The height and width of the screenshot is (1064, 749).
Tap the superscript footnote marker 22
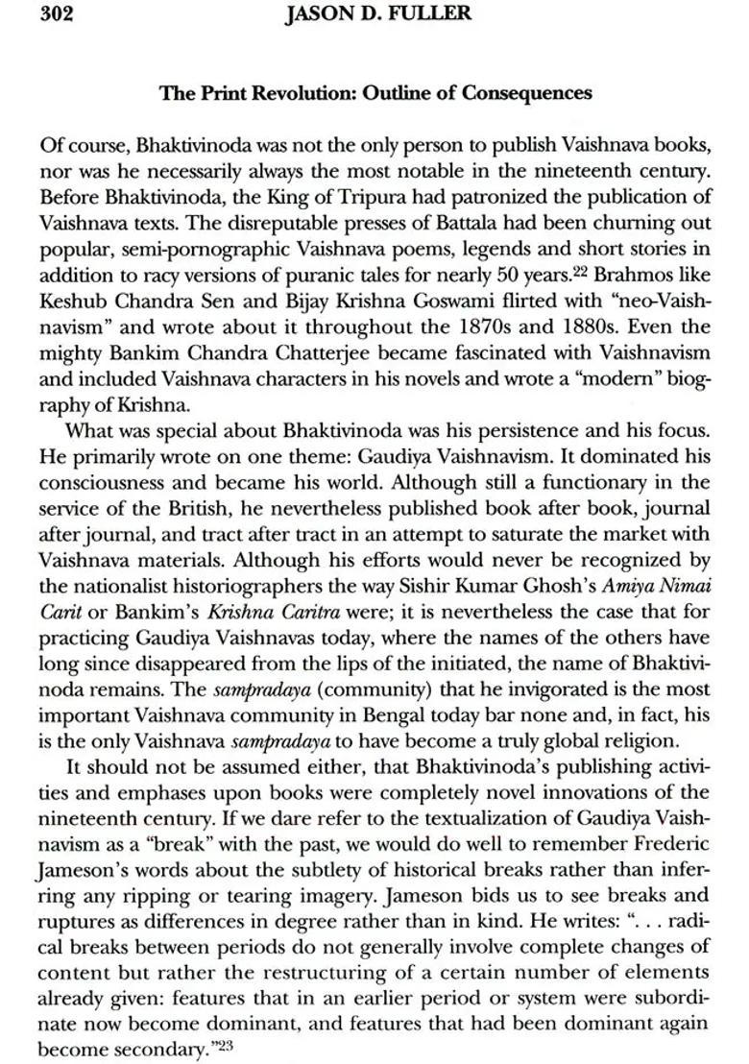[555, 268]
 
